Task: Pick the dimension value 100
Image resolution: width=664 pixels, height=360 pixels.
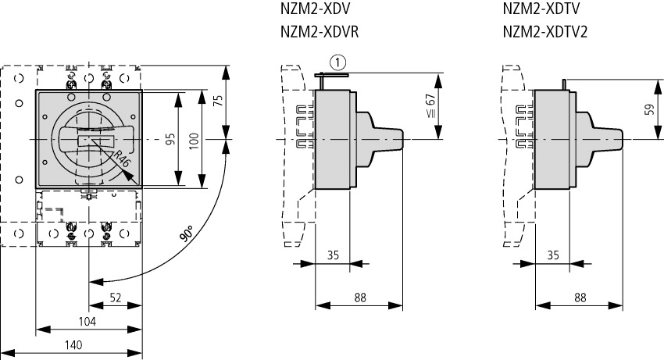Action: (194, 140)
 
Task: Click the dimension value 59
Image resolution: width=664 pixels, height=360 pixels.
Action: (648, 109)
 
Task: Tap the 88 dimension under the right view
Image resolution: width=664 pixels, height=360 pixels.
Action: (579, 297)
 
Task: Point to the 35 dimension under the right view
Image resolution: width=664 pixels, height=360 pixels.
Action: (552, 254)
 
